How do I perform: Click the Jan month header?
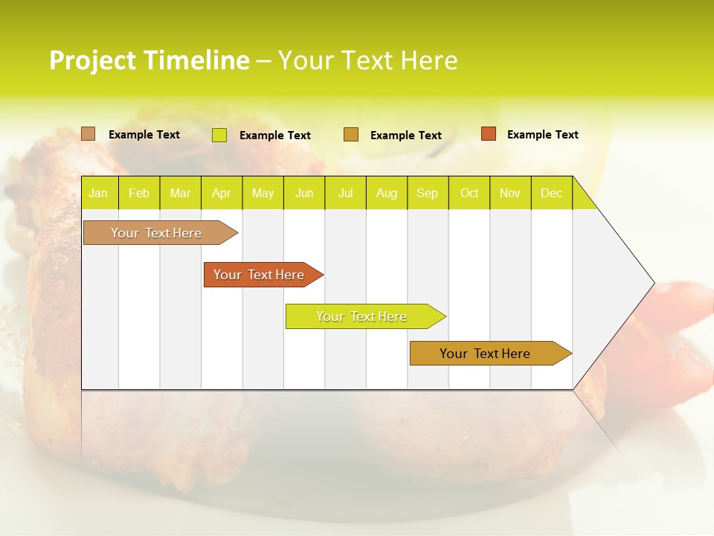pyautogui.click(x=98, y=194)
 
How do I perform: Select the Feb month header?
pyautogui.click(x=139, y=194)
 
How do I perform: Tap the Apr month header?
pyautogui.click(x=221, y=194)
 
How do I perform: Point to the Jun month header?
pyautogui.click(x=304, y=194)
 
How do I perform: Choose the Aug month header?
pyautogui.click(x=386, y=194)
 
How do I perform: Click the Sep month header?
pyautogui.click(x=427, y=194)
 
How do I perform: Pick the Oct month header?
pyautogui.click(x=469, y=194)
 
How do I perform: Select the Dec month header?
pyautogui.click(x=551, y=194)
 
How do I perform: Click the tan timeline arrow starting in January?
pyautogui.click(x=157, y=233)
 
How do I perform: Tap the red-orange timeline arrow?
pyautogui.click(x=260, y=275)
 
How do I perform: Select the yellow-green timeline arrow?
pyautogui.click(x=361, y=316)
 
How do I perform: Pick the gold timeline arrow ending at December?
pyautogui.click(x=486, y=354)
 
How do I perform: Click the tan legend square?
pyautogui.click(x=89, y=134)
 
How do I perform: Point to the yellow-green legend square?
pyautogui.click(x=219, y=135)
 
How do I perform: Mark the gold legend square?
pyautogui.click(x=351, y=135)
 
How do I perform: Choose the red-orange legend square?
pyautogui.click(x=488, y=134)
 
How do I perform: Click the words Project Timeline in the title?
pyautogui.click(x=149, y=60)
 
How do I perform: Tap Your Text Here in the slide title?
pyautogui.click(x=367, y=60)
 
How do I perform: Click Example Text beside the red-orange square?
pyautogui.click(x=542, y=135)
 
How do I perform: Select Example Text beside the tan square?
pyautogui.click(x=144, y=135)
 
